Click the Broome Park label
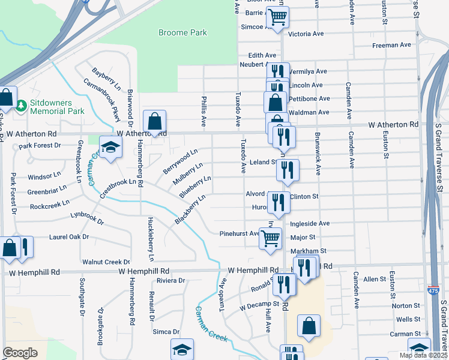(x=182, y=33)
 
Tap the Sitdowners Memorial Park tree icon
(x=22, y=106)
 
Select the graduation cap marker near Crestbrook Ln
(x=110, y=148)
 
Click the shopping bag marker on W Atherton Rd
(x=154, y=122)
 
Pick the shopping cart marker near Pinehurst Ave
(x=270, y=238)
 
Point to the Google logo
(x=20, y=353)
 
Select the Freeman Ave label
(x=391, y=45)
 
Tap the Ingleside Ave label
(x=310, y=223)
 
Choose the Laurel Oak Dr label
(x=69, y=237)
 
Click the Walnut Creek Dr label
(x=106, y=262)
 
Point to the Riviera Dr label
(x=170, y=281)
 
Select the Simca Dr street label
(x=166, y=332)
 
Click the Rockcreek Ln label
(x=49, y=206)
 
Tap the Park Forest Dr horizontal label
(x=40, y=146)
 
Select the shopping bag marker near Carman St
(x=309, y=326)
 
